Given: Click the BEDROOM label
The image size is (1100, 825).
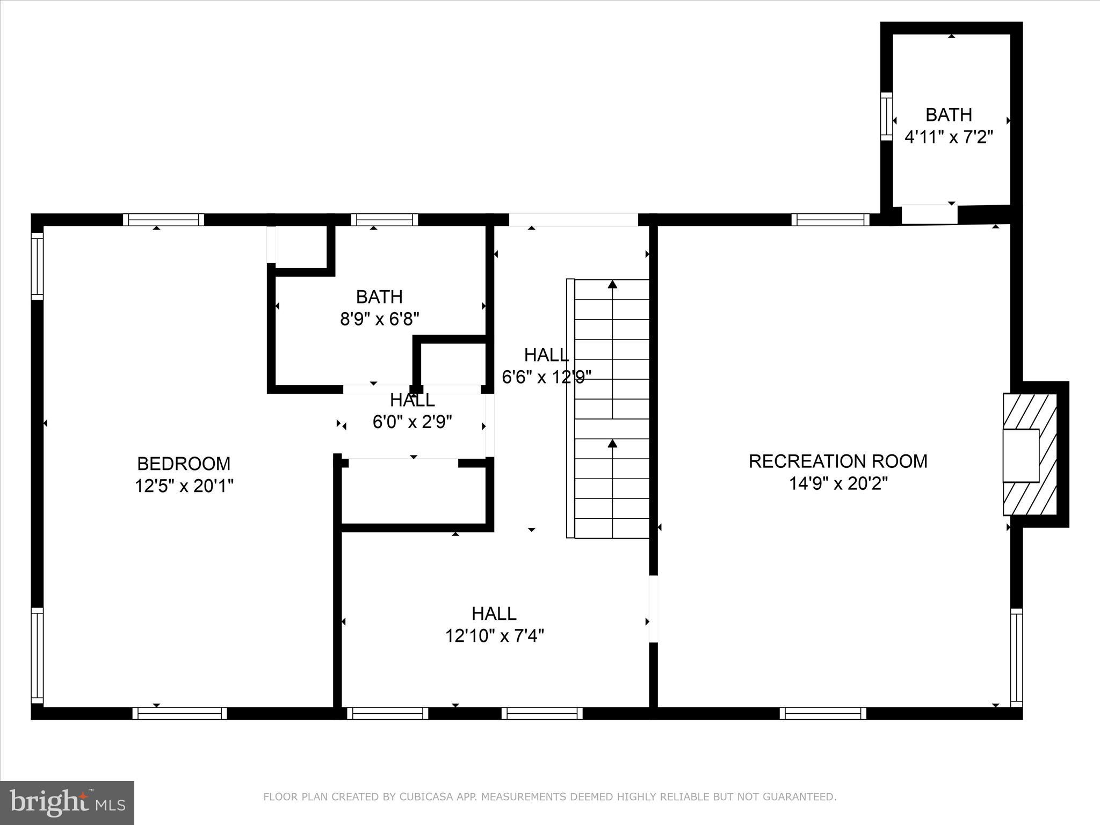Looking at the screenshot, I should point(184,464).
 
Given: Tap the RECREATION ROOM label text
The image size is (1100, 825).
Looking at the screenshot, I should point(838,461).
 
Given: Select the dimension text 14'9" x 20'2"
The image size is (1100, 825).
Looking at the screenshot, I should point(838,484).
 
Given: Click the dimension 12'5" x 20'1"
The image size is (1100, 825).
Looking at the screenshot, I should point(184,487).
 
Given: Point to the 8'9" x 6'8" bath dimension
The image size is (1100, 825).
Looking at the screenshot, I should point(379,320).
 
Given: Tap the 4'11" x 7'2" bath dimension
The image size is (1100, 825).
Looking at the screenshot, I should point(949,137).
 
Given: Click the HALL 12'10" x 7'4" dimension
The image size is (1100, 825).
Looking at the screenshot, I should point(494,636).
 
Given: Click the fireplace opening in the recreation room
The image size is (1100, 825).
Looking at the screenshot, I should point(1021,455).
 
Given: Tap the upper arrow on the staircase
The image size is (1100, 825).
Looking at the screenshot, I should point(612,285).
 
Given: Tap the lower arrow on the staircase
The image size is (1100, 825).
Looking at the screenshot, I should point(612,444).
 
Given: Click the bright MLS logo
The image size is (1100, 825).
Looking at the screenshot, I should point(67,802).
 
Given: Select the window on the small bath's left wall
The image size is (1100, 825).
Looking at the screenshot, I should point(886,117).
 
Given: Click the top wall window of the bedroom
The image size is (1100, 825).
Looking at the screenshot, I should point(163,220).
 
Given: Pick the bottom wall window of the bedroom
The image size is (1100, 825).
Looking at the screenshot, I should point(179,713).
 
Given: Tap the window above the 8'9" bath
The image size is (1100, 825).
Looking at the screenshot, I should point(385,220).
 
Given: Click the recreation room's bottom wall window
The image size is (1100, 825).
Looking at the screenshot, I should point(822,713).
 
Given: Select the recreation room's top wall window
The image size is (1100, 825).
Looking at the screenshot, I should point(830,220).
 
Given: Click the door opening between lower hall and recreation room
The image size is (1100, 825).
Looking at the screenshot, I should point(653,609).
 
